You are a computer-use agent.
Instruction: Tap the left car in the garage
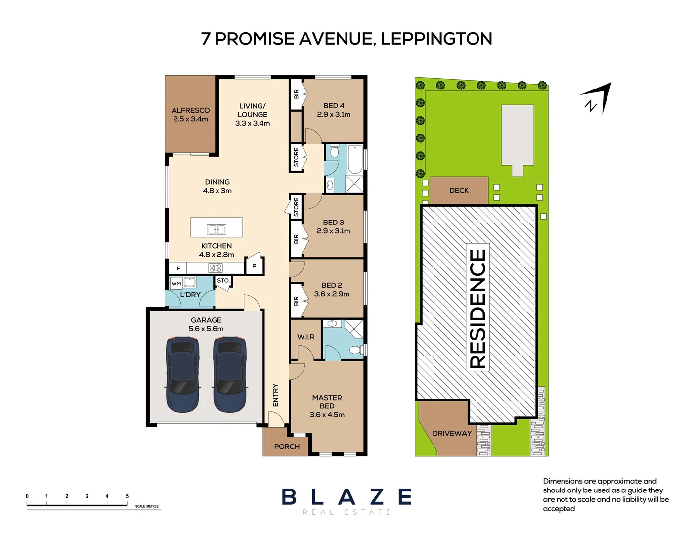click(182, 374)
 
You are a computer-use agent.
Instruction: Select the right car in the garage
click(230, 374)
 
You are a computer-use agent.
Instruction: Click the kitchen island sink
click(217, 229)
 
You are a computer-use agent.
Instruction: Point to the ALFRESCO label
click(190, 110)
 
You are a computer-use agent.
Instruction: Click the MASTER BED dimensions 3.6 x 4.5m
click(327, 415)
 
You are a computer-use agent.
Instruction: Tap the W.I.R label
click(305, 337)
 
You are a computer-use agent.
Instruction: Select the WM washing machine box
click(176, 284)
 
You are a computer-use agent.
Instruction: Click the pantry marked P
click(254, 266)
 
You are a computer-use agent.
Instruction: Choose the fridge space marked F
click(178, 268)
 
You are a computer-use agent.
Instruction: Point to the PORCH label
click(287, 446)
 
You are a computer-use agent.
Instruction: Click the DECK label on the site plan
click(459, 190)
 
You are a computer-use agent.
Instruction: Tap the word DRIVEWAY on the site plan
click(452, 433)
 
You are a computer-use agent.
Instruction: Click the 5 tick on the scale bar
click(127, 496)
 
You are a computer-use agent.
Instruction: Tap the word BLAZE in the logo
click(347, 497)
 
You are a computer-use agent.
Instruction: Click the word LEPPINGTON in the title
click(436, 39)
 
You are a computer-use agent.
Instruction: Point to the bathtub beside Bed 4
click(355, 159)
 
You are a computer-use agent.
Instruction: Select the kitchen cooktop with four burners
click(216, 268)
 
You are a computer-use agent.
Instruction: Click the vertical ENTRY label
click(275, 395)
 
